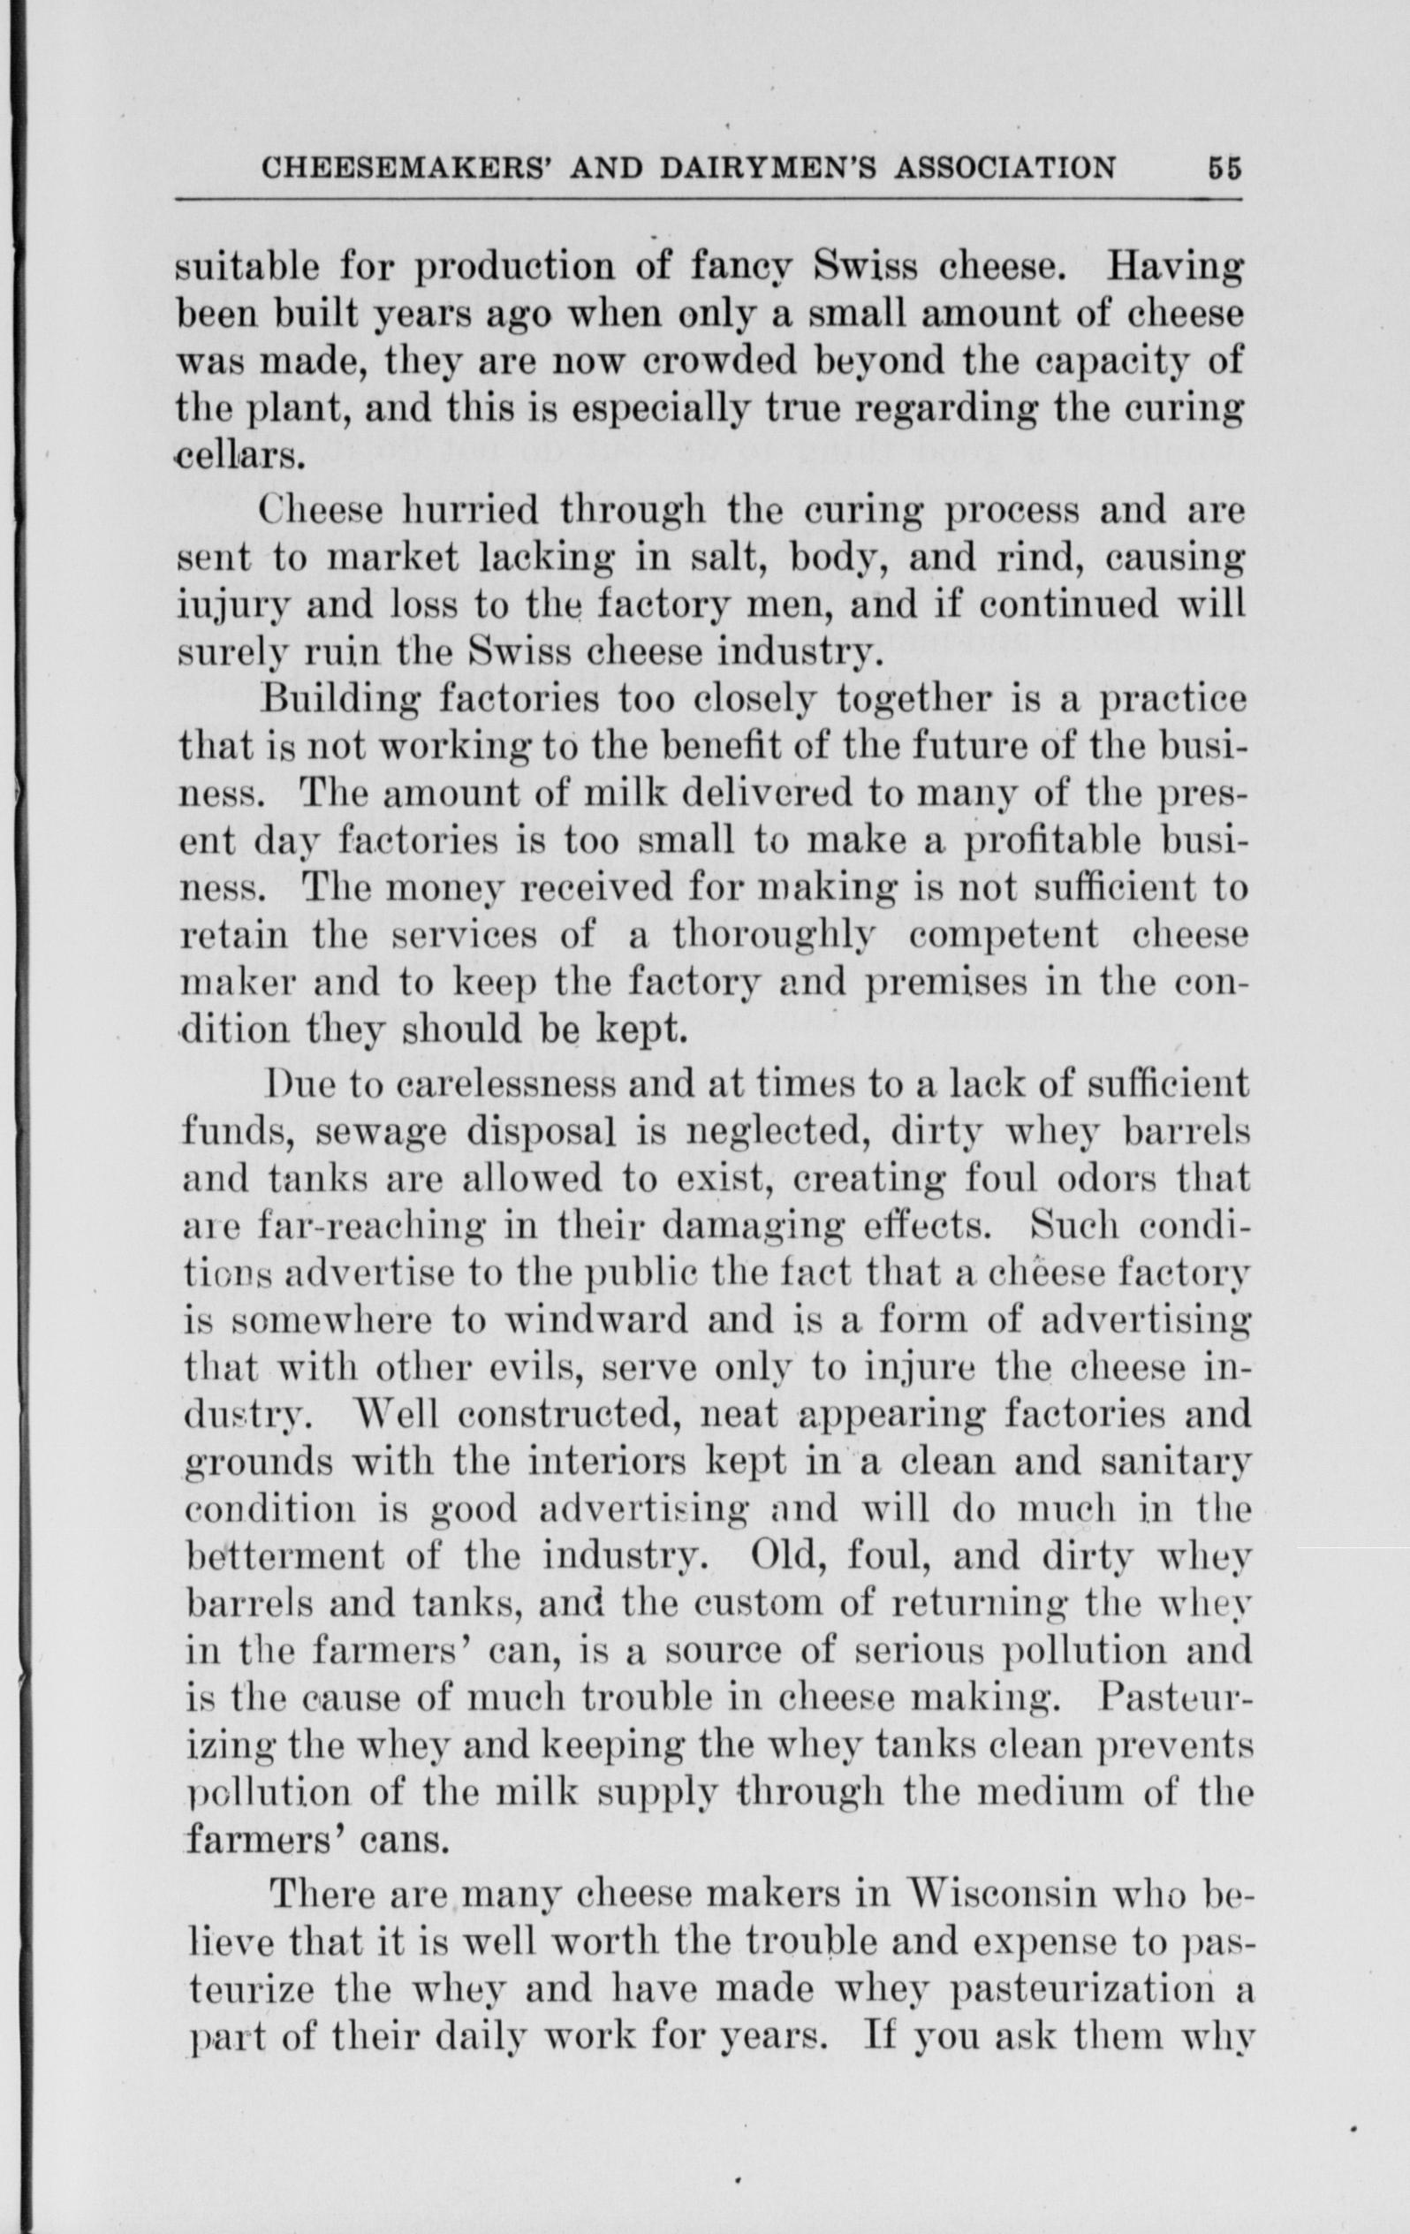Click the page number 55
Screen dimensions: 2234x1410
point(1224,168)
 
